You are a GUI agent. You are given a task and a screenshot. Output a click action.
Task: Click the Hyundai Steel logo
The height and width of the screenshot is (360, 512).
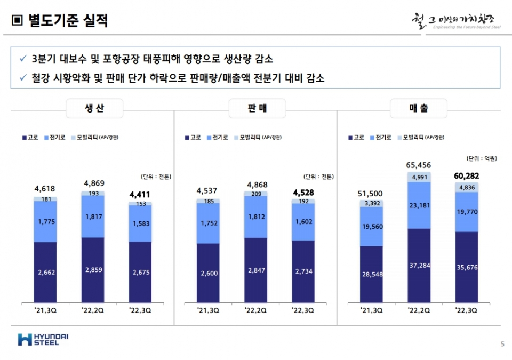point(43,339)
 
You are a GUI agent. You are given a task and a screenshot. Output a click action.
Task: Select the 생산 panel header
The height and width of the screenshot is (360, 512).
point(94,109)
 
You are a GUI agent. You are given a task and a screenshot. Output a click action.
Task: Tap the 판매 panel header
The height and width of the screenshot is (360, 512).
point(257,109)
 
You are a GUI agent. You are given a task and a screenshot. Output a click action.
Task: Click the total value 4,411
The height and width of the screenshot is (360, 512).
point(140,195)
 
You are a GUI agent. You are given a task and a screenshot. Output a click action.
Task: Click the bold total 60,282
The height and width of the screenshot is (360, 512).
point(467,175)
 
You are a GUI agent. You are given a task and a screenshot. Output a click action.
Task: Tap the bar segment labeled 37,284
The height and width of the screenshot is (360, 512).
point(419,265)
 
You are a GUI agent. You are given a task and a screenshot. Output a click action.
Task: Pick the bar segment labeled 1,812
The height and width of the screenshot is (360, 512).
point(256,217)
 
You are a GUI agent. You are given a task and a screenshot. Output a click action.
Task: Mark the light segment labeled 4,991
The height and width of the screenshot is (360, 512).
point(419,177)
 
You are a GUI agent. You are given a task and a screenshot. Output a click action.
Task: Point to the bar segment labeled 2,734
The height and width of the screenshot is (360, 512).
point(303,271)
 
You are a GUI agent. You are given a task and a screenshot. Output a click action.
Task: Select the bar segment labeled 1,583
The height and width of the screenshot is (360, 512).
point(140,223)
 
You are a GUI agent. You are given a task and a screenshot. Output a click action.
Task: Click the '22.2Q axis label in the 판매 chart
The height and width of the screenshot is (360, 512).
point(256,309)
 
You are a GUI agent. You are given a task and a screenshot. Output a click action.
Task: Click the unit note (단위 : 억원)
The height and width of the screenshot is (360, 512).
point(482,158)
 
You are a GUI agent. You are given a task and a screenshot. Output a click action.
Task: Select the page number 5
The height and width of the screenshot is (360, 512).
point(502,344)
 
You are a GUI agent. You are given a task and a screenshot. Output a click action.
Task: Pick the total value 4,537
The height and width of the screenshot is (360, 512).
point(207,191)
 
